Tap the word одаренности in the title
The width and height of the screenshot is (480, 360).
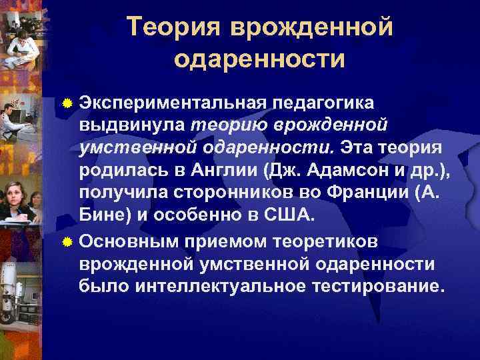[x=259, y=59]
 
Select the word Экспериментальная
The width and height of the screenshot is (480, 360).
[x=171, y=104]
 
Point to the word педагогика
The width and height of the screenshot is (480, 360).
[x=322, y=104]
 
